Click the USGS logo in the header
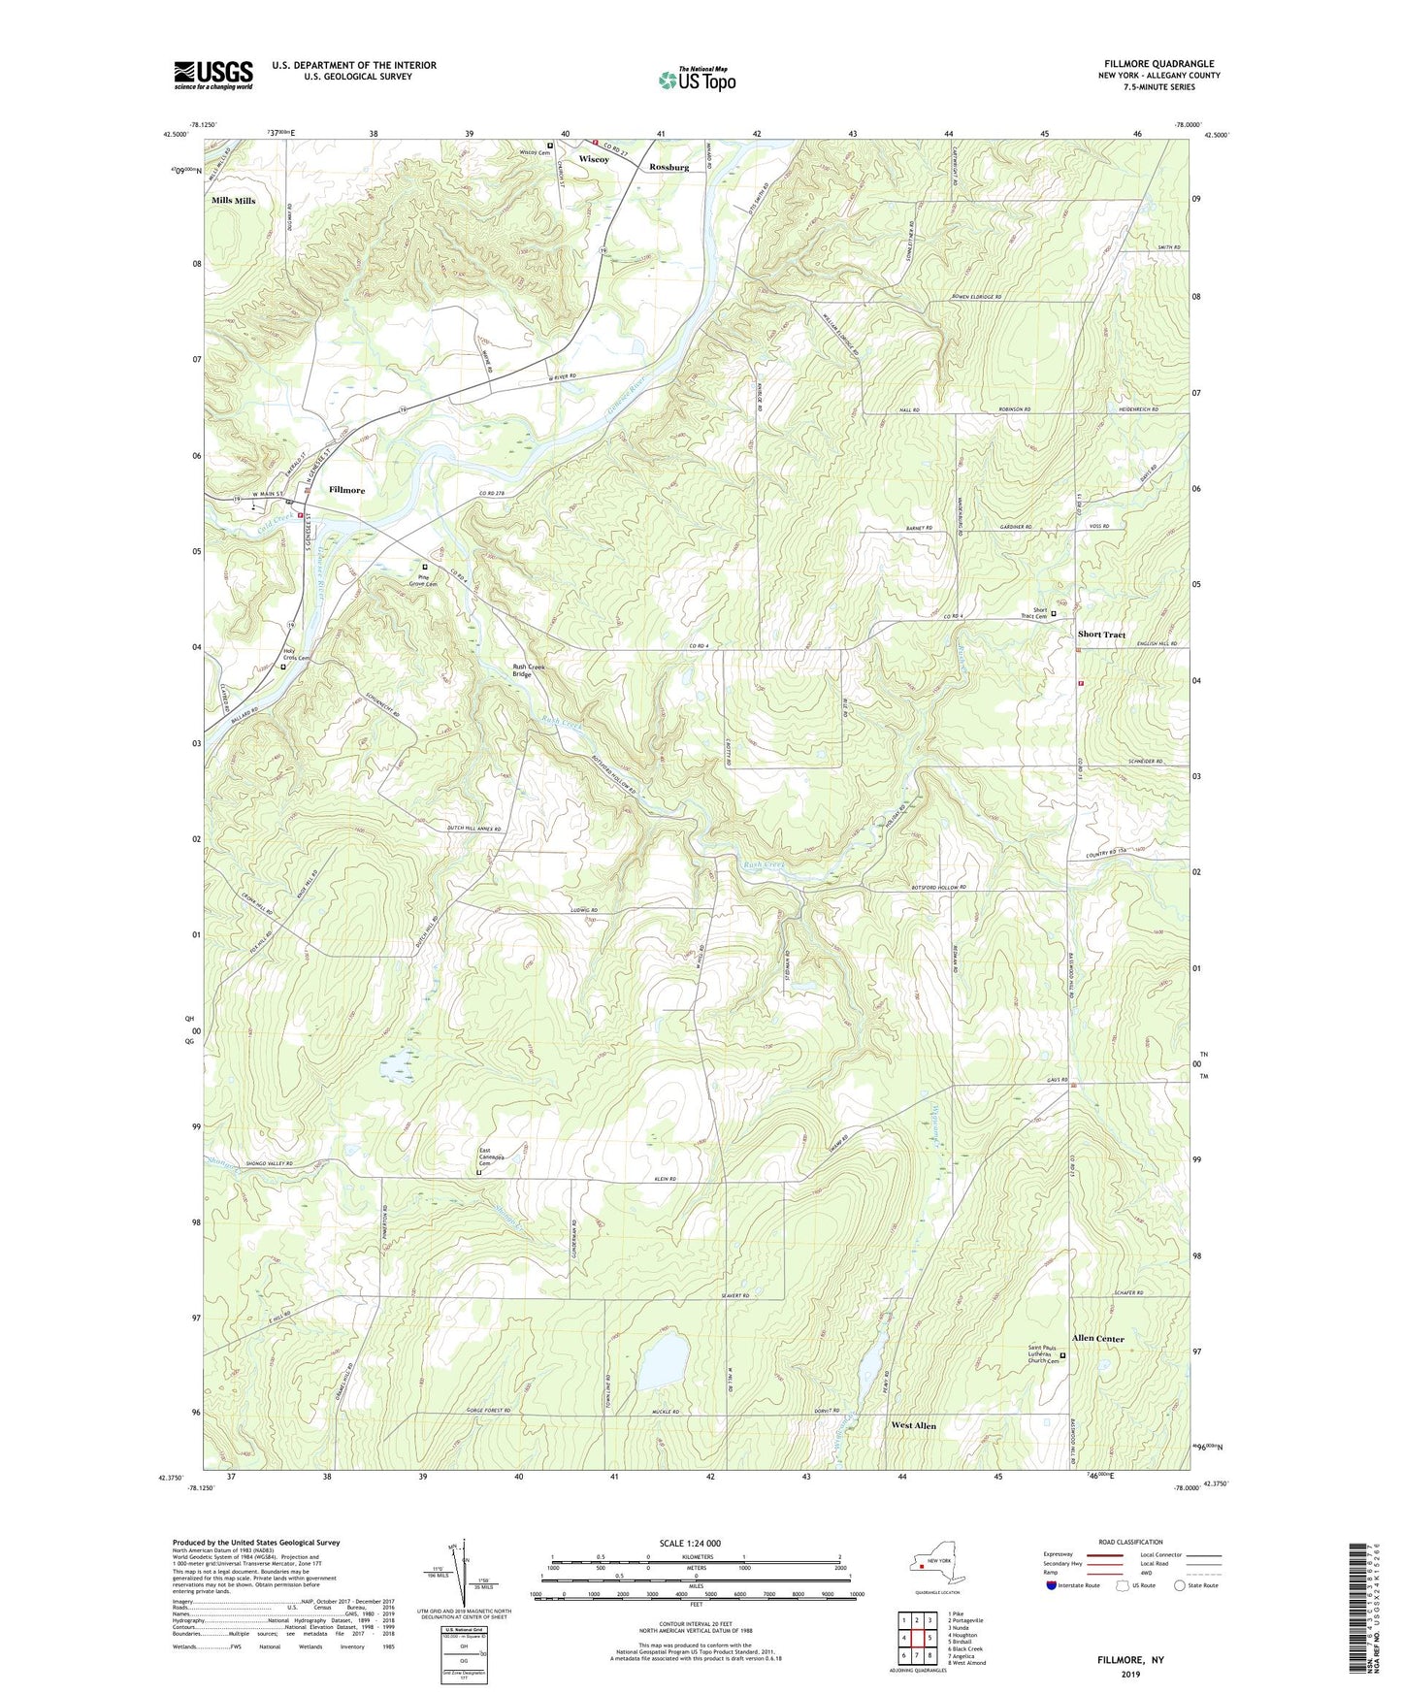click(213, 75)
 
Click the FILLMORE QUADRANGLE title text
click(1158, 64)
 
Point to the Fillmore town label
click(346, 490)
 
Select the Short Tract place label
click(1101, 635)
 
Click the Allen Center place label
click(1097, 1338)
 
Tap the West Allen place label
click(913, 1425)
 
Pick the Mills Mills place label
click(234, 201)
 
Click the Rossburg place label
click(669, 167)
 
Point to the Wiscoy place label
click(594, 158)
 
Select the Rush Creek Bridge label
click(529, 669)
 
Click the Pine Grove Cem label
click(423, 580)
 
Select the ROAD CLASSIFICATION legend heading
click(1130, 1542)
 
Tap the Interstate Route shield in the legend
click(1053, 1585)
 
